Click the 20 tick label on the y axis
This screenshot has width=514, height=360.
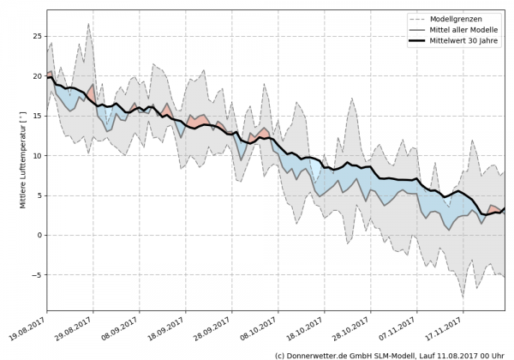[x=37, y=76]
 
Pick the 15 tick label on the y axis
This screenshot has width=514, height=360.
[x=37, y=116]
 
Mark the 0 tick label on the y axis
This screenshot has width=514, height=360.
[x=39, y=235]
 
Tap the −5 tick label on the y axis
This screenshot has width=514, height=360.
[x=37, y=275]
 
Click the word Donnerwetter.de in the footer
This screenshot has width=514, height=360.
[x=317, y=354]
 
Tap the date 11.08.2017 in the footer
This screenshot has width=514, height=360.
[x=451, y=354]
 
